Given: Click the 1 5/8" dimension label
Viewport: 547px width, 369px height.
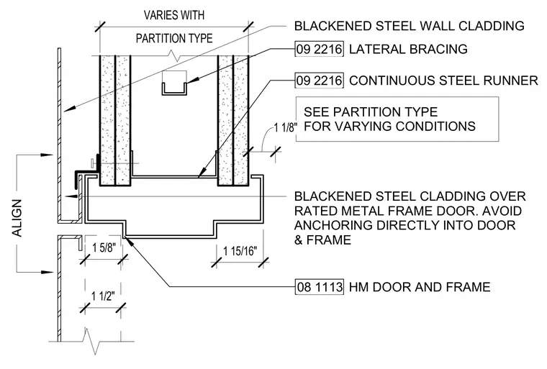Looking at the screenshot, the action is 103,248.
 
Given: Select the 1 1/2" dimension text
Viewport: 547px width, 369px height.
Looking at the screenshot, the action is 103,296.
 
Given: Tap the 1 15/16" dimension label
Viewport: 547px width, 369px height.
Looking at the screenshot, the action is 240,250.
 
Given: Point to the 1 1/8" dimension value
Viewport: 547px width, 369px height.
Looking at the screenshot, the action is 285,127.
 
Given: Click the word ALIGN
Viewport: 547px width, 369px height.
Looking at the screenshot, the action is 17,219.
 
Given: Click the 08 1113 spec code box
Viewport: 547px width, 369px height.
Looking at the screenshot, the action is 320,287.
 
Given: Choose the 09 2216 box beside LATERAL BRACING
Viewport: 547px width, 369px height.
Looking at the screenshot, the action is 319,49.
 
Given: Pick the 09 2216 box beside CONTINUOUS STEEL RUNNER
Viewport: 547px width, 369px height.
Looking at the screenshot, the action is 319,81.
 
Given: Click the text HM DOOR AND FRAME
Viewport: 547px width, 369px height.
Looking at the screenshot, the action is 420,287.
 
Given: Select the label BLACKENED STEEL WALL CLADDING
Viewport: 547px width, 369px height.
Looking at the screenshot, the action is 410,26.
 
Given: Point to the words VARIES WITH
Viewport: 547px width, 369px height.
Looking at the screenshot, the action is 174,15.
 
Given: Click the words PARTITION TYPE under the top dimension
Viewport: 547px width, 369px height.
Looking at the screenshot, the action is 174,38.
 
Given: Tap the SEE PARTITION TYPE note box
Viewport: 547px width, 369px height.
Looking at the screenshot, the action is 397,119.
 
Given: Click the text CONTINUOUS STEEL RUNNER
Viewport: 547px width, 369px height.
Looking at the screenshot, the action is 443,81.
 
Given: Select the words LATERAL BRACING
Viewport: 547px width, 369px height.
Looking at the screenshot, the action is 408,49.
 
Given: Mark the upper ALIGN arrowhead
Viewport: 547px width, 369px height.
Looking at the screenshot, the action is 48,155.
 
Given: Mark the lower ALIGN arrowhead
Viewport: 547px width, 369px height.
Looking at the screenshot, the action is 48,272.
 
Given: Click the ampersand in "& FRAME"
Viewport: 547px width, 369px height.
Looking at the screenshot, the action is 299,240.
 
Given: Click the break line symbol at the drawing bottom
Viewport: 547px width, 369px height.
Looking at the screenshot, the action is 91,341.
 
